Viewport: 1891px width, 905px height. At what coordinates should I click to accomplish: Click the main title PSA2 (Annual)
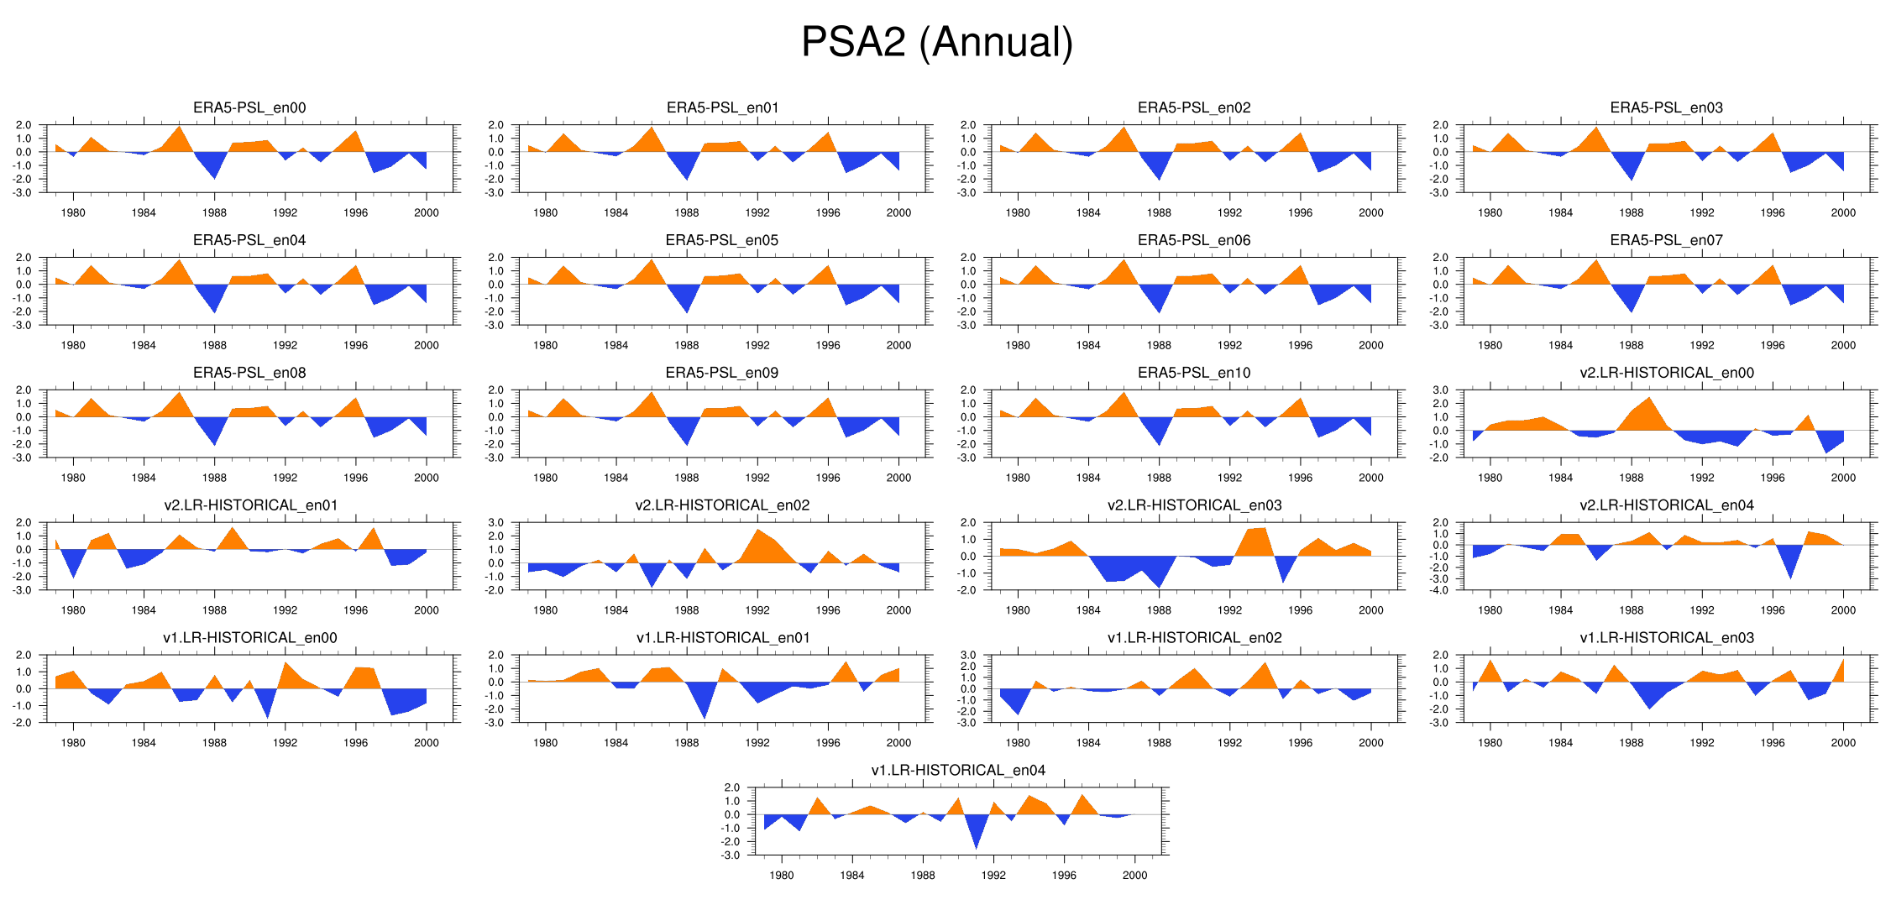[937, 42]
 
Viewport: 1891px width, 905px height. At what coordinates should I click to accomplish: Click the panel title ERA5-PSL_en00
[249, 107]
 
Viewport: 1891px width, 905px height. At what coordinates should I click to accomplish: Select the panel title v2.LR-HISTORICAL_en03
[1194, 505]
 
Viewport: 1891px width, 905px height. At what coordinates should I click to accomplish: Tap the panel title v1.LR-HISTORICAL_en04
[958, 770]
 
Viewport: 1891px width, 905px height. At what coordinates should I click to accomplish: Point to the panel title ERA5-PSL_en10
[1194, 373]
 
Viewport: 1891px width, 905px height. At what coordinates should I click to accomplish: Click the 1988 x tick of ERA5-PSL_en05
[686, 345]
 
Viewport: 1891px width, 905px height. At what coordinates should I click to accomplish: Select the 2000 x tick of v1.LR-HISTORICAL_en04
[1134, 875]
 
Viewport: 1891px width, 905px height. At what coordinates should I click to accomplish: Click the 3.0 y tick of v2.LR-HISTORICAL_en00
[1440, 390]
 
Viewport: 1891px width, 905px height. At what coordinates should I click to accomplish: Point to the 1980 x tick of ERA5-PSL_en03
[1490, 212]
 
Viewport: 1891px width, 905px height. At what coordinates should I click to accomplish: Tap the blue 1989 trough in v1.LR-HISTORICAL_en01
[704, 715]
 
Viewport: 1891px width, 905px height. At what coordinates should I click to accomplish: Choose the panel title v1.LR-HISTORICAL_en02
[1194, 637]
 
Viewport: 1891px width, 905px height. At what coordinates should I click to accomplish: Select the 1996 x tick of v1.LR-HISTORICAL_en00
[355, 742]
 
